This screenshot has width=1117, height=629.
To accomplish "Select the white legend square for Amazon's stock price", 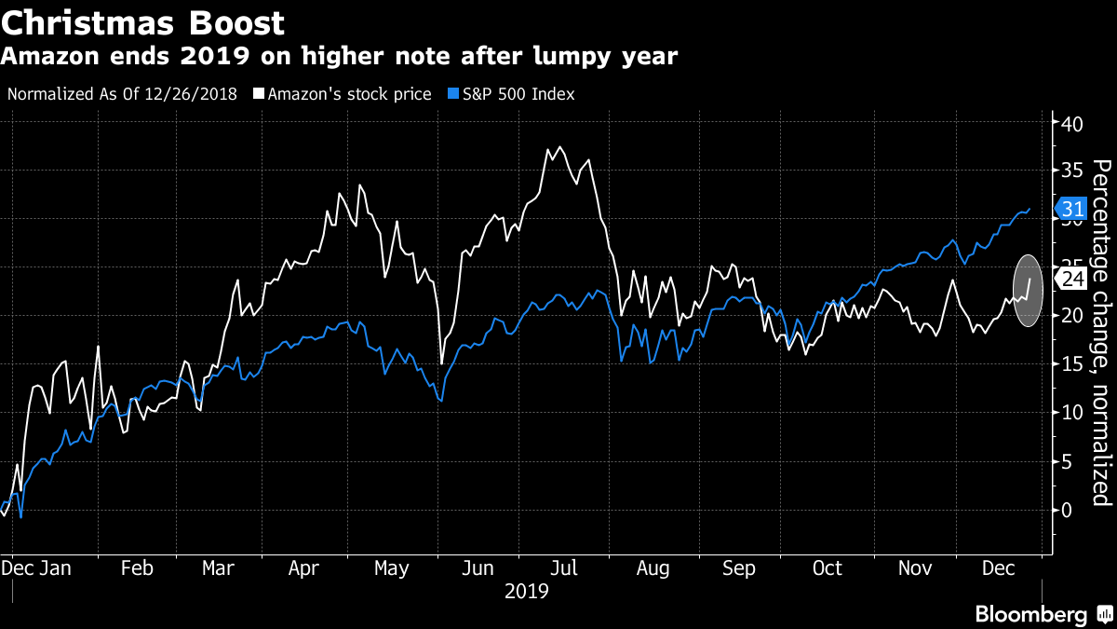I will click(x=260, y=94).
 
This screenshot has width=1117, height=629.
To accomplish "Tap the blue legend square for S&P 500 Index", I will click(x=453, y=94).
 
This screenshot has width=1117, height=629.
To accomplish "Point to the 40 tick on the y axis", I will click(x=1071, y=123).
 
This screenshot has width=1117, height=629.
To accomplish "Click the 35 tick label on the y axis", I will click(x=1071, y=171).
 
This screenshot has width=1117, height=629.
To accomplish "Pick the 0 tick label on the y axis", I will click(x=1067, y=510).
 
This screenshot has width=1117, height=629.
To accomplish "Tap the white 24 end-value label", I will click(x=1072, y=278).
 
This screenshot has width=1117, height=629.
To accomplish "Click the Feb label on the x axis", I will click(x=138, y=568).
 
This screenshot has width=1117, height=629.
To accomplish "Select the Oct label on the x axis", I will click(x=827, y=568).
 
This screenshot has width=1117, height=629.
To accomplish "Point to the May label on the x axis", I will click(x=391, y=568).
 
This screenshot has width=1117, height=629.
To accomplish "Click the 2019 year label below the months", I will click(x=527, y=591).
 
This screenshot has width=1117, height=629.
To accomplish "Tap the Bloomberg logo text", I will click(x=1030, y=614).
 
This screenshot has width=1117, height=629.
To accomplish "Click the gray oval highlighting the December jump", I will click(x=1028, y=291).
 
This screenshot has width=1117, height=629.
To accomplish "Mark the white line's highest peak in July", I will click(x=559, y=147).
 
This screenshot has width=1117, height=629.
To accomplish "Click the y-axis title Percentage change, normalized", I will click(x=1101, y=333).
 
